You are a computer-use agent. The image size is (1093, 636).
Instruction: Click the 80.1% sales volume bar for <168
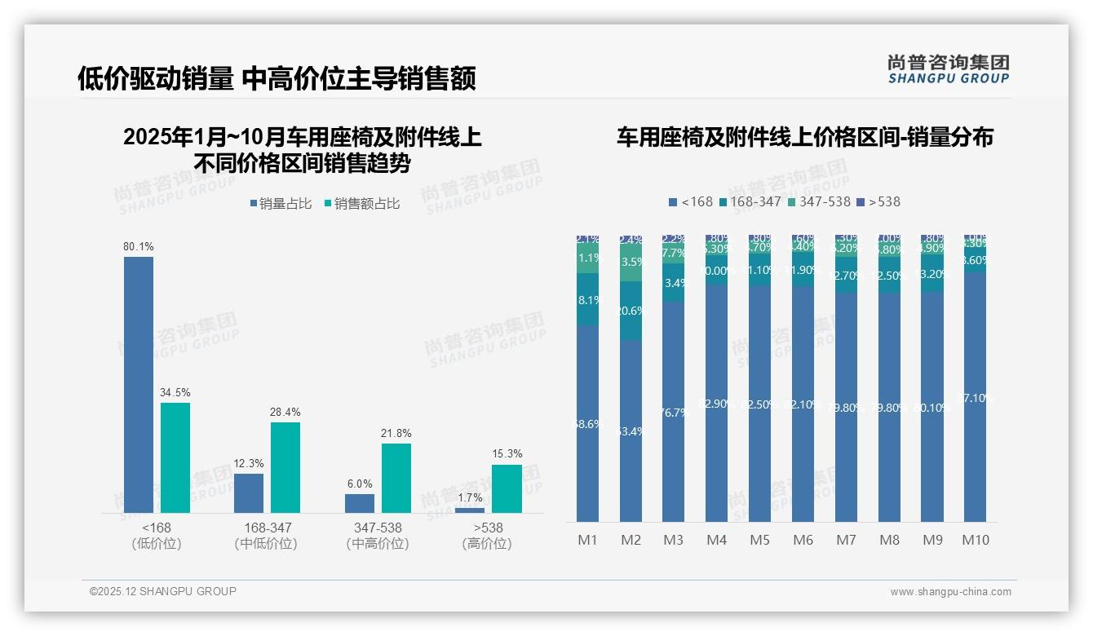[139, 384]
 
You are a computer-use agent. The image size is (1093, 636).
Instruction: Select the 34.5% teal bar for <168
[175, 457]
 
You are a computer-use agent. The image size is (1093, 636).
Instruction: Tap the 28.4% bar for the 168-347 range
[285, 467]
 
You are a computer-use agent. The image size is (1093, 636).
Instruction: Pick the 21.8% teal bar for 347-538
[396, 478]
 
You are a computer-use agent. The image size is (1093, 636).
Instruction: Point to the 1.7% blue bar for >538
[470, 510]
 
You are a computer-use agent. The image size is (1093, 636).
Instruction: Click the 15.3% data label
[507, 453]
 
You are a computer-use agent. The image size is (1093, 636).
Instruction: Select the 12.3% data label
[249, 463]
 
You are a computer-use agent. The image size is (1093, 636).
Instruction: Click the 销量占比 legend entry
[281, 204]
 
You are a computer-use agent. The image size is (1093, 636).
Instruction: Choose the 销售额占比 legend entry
[362, 204]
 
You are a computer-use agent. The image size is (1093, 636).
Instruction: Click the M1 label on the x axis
[587, 540]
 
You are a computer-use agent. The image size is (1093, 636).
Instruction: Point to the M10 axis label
[976, 540]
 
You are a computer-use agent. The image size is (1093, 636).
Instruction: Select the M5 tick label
[759, 540]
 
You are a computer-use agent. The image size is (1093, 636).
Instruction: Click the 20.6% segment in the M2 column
[631, 311]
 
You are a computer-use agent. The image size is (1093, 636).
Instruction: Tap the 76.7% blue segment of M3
[674, 412]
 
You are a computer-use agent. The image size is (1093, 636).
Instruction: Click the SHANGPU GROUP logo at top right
[948, 69]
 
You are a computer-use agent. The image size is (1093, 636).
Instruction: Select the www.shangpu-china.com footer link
[950, 592]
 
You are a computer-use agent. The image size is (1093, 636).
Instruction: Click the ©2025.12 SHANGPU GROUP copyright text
[163, 591]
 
